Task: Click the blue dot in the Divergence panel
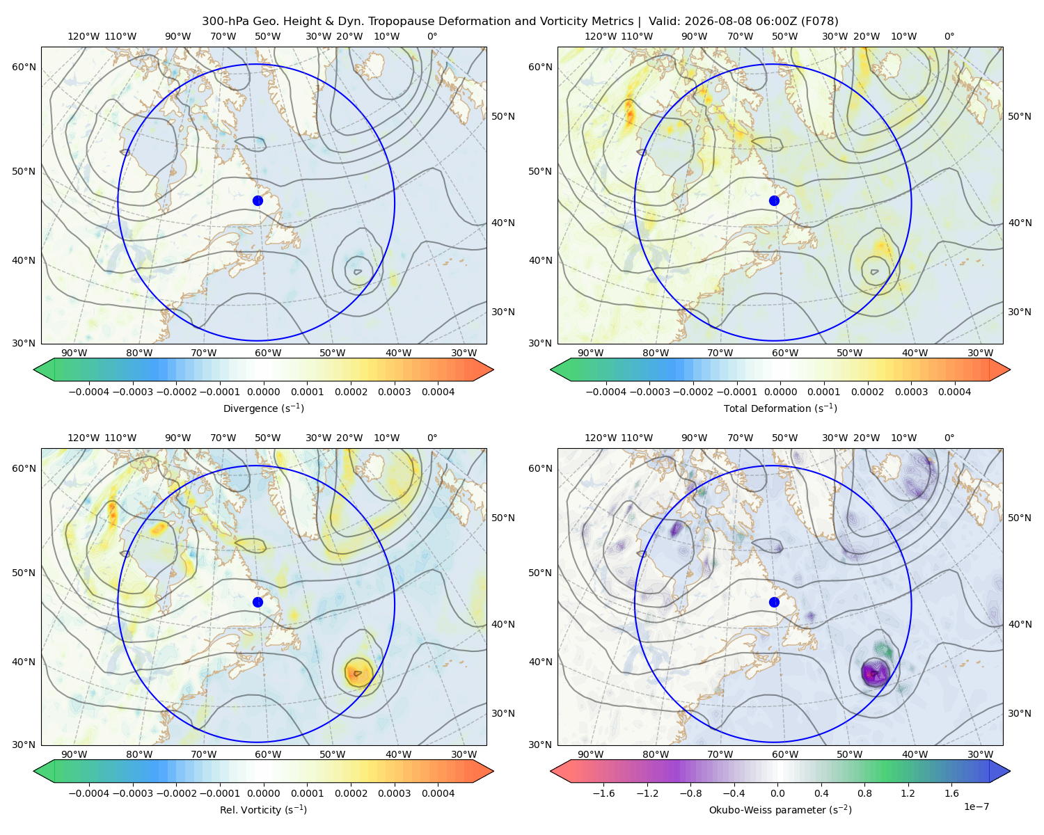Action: coord(258,201)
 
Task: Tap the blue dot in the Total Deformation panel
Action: coord(774,201)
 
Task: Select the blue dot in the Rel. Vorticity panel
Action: coord(258,602)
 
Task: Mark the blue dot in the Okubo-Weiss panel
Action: coord(774,602)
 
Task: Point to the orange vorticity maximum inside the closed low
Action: coord(358,672)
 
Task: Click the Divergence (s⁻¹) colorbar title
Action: coord(263,408)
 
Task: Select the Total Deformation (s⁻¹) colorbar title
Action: coord(780,408)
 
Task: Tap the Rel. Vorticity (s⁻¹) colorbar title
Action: coord(263,810)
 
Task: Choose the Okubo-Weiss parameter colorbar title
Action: coord(780,810)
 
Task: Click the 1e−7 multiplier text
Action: coord(976,806)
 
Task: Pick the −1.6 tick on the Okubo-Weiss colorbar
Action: coord(603,793)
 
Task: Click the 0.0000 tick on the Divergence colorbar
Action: coord(263,392)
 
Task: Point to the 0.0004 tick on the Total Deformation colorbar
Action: coord(954,392)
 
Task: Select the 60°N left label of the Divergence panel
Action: coord(24,67)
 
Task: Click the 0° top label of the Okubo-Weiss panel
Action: coord(949,438)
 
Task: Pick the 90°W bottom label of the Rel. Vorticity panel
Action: coord(74,754)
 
